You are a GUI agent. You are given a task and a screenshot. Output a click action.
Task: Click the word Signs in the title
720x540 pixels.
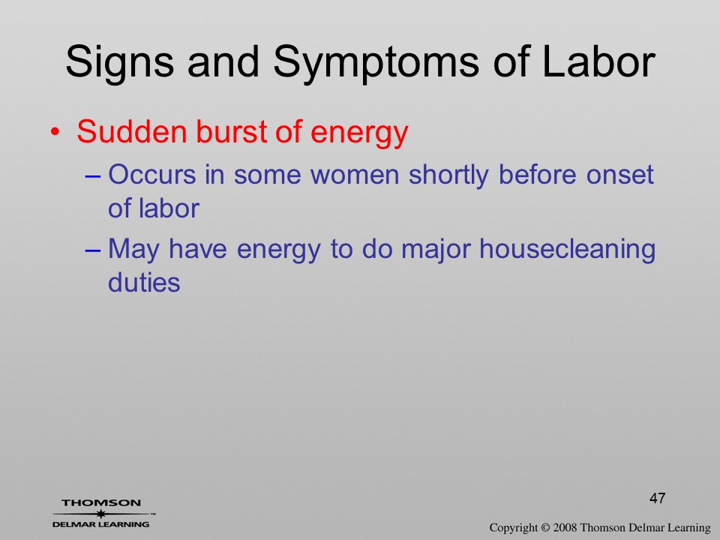point(120,62)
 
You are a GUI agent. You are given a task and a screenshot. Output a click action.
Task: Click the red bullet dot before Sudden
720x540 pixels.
point(55,132)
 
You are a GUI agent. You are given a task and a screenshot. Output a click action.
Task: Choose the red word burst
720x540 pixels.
point(231,132)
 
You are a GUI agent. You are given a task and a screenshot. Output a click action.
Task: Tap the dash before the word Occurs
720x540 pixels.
point(92,175)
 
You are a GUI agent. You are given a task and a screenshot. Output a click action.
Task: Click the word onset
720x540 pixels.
point(620,175)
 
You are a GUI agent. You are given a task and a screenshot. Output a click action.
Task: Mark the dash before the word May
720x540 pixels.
point(92,250)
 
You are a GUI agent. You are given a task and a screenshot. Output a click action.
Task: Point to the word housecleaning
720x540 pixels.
point(567,250)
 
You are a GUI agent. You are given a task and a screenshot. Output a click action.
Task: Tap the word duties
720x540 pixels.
point(144,283)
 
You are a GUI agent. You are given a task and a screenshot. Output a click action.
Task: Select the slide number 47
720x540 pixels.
point(658,498)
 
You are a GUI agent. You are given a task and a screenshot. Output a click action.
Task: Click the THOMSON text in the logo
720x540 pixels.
point(101,502)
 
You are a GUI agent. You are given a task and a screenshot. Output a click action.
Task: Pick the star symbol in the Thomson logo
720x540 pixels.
point(100,514)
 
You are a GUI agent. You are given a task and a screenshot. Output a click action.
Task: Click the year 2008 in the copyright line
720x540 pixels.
point(564,527)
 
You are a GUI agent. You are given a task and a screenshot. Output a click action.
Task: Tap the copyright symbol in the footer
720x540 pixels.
point(545,527)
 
